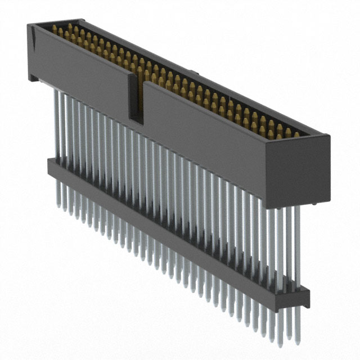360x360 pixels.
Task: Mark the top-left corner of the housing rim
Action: point(29,23)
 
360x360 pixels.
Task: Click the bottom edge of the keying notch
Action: point(137,119)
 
